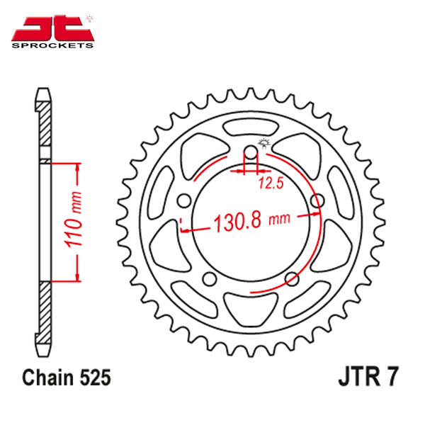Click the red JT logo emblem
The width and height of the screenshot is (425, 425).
tap(52, 28)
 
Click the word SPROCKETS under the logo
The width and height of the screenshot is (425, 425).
tap(52, 45)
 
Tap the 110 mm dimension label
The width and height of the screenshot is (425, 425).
tap(73, 220)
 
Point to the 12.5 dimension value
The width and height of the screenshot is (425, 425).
tap(271, 183)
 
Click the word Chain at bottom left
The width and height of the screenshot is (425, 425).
tap(47, 378)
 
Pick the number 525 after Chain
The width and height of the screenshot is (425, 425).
tap(95, 378)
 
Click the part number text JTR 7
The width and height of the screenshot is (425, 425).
tap(368, 377)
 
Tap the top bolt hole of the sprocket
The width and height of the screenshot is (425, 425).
tap(251, 152)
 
